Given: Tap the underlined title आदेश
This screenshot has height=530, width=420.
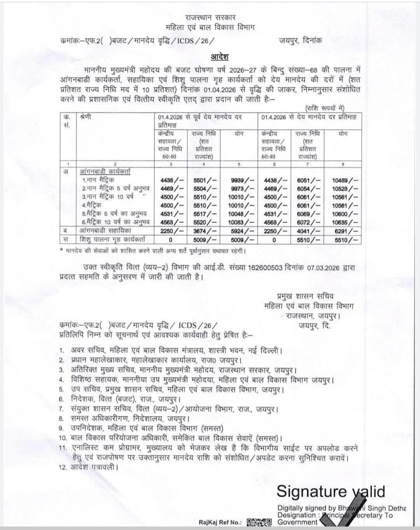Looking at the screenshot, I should [220, 57].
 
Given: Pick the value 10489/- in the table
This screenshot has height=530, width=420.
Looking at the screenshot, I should [345, 180].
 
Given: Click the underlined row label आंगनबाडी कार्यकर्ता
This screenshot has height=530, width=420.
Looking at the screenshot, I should [105, 171].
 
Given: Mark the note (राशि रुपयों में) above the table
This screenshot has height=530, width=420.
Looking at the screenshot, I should [325, 108].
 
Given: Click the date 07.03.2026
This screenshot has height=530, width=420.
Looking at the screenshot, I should [324, 268].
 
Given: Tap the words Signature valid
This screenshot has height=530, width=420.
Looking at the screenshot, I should [331, 492].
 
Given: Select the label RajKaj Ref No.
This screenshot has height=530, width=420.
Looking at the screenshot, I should [220, 523].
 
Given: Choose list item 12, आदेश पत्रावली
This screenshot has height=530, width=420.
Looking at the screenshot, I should [91, 467].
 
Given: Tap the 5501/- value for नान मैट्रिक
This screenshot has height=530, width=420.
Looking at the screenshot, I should [205, 180].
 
